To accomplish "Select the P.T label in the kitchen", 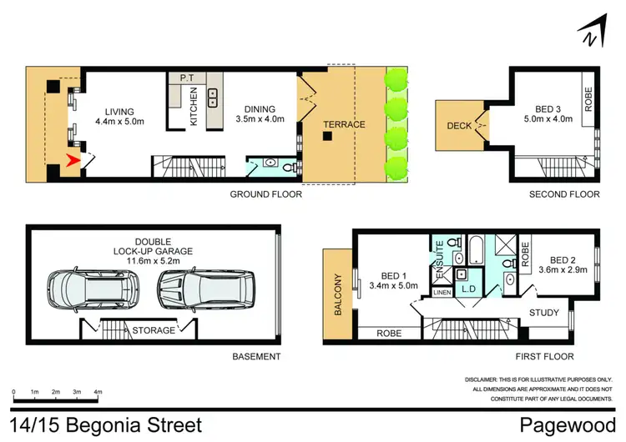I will [x=187, y=78].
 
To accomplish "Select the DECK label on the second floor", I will [x=460, y=126].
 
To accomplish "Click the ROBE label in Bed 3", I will [x=588, y=101].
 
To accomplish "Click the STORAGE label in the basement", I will [x=154, y=330].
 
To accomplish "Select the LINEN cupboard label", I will [x=441, y=292].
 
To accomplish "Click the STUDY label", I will [x=545, y=314].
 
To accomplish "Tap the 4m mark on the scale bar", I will [x=98, y=391].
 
